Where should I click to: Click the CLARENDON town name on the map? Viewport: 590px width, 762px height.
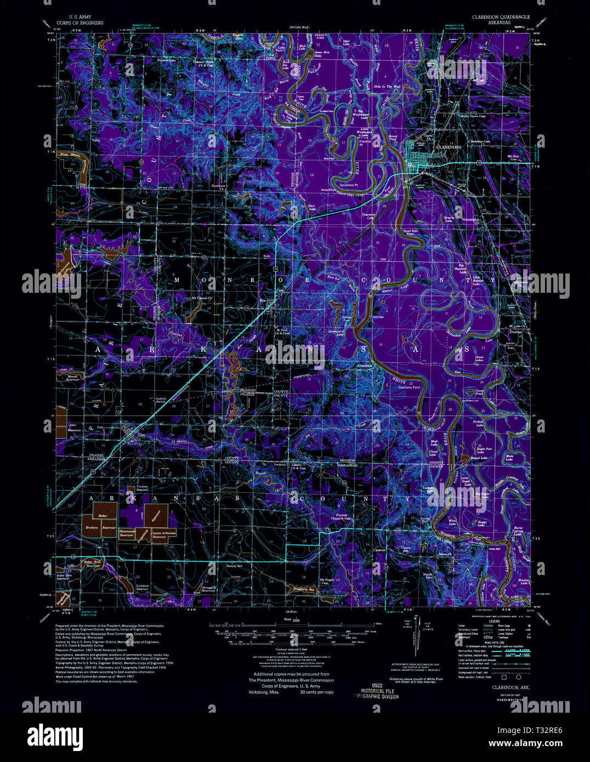(x=449, y=147)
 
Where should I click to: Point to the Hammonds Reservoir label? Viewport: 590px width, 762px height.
(x=126, y=533)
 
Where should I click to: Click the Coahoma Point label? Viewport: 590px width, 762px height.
(x=409, y=386)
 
